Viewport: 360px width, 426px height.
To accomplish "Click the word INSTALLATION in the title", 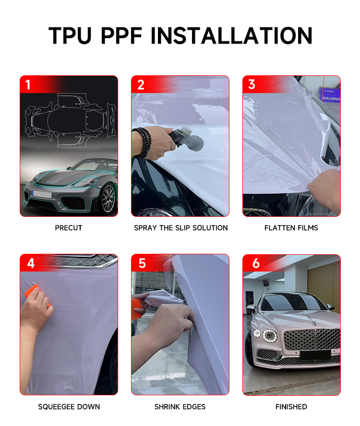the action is pyautogui.click(x=231, y=35).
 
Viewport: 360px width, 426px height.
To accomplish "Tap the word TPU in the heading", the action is pyautogui.click(x=70, y=35).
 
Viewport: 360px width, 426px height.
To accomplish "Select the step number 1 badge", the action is pyautogui.click(x=28, y=85).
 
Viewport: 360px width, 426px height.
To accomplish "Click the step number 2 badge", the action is pyautogui.click(x=141, y=85).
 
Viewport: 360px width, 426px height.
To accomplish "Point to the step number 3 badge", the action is pyautogui.click(x=252, y=84).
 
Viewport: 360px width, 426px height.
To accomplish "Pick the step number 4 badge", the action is pyautogui.click(x=31, y=263).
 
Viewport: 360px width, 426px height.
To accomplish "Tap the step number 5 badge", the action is pyautogui.click(x=142, y=263).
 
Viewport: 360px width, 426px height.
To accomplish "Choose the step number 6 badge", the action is pyautogui.click(x=256, y=263).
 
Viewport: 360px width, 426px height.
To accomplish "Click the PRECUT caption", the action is pyautogui.click(x=69, y=228).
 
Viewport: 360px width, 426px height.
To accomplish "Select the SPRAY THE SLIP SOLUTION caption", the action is pyautogui.click(x=181, y=228).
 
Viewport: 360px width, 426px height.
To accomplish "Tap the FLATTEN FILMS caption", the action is pyautogui.click(x=291, y=228).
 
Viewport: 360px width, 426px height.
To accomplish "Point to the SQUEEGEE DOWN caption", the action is pyautogui.click(x=69, y=407).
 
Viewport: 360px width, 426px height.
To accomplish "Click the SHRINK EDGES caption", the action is pyautogui.click(x=180, y=407).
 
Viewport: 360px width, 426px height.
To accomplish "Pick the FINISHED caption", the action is pyautogui.click(x=291, y=407).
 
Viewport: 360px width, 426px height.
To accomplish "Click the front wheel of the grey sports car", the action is pyautogui.click(x=108, y=198).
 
